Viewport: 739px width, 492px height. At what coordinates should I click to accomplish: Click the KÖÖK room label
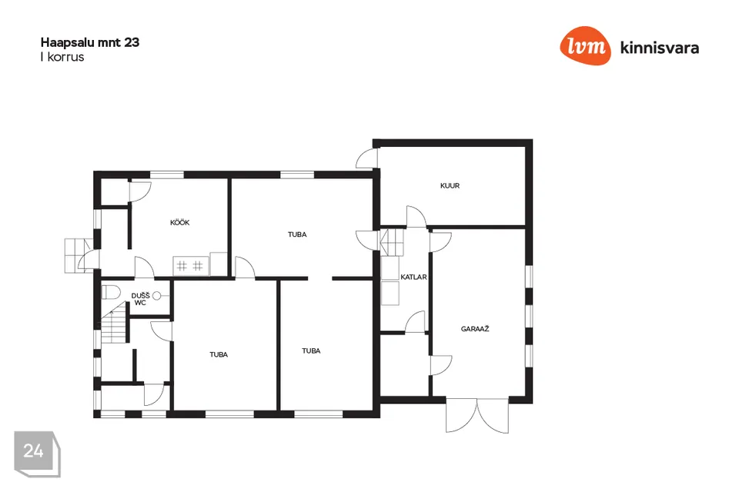pos(179,223)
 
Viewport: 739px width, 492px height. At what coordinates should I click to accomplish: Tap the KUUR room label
pos(450,186)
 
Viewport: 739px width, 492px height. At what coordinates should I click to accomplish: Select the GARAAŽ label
pos(475,329)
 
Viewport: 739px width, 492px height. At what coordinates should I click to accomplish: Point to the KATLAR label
pos(413,278)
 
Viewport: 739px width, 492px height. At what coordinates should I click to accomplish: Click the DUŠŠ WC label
pos(140,300)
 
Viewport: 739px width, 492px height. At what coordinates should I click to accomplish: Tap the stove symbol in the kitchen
pos(190,266)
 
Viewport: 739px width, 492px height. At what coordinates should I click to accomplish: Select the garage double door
pos(477,416)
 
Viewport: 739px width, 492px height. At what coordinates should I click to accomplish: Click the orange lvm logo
pos(585,45)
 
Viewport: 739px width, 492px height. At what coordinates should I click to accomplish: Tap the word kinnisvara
pos(660,48)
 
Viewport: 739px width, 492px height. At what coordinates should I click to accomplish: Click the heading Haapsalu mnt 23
pos(90,42)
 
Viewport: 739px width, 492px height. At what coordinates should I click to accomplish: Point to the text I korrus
pos(62,57)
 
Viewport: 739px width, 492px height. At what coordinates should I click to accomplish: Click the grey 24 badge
pos(36,453)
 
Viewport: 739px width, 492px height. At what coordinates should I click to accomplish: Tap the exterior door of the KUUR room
pos(366,158)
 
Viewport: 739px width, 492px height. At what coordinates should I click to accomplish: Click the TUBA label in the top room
pos(297,234)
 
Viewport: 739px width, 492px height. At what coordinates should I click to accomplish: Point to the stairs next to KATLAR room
pos(392,242)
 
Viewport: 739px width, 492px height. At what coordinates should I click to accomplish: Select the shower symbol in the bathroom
pos(158,296)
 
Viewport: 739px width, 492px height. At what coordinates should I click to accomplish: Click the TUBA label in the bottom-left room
pos(219,354)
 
